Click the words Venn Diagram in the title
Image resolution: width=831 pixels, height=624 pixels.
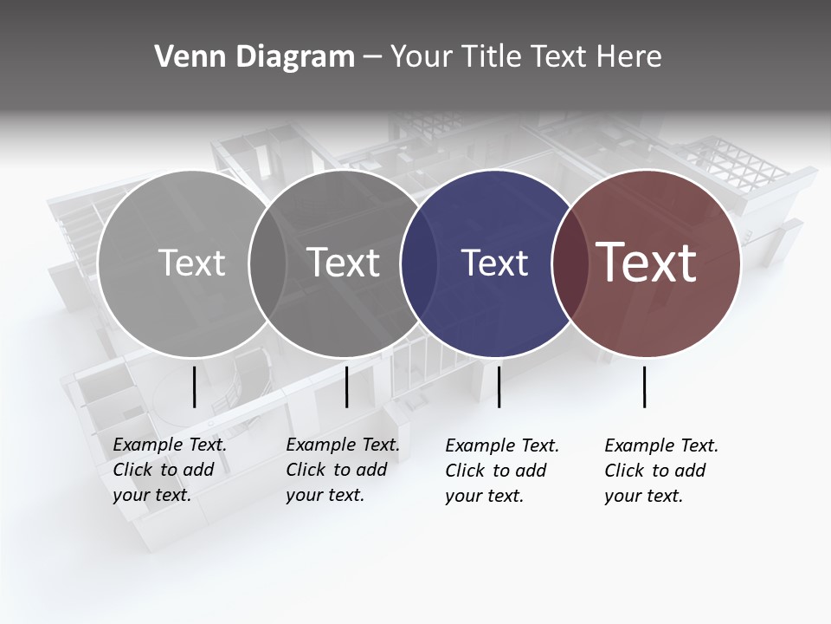(x=254, y=57)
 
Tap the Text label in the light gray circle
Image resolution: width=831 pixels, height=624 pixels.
(x=191, y=263)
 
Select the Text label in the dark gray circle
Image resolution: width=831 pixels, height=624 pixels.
(x=344, y=263)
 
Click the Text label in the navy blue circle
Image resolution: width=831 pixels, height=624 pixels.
(x=494, y=263)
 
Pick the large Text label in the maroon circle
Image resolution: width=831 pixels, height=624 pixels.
(x=647, y=262)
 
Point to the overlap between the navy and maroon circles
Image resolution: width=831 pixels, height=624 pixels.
(x=567, y=263)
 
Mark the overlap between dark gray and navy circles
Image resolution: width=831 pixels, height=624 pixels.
(x=418, y=263)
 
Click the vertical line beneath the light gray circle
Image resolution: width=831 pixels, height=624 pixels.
(x=194, y=387)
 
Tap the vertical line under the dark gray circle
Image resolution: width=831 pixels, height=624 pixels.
(x=346, y=387)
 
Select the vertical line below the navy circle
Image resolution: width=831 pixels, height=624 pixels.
(x=499, y=387)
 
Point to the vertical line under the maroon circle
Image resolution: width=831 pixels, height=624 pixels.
(x=645, y=387)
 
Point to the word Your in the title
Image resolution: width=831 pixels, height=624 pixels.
(x=422, y=57)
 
